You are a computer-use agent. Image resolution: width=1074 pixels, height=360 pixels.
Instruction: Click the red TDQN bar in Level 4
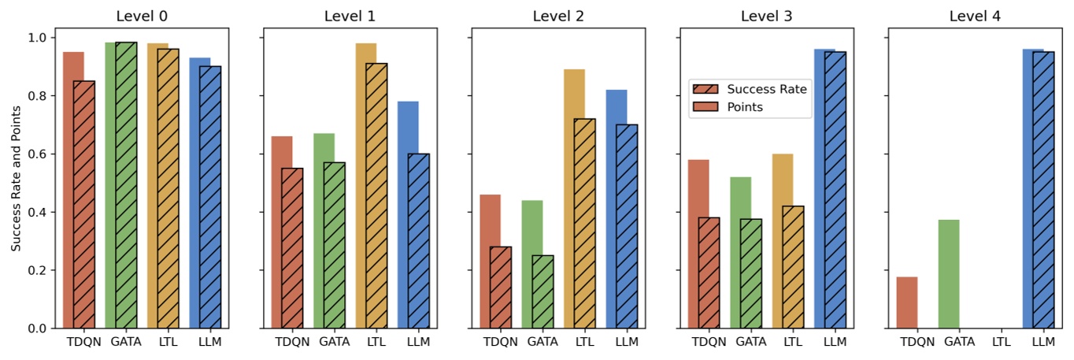(907, 302)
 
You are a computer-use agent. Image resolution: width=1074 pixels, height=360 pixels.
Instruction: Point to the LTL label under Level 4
(1002, 342)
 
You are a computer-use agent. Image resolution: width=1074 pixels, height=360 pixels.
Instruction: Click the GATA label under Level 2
(543, 342)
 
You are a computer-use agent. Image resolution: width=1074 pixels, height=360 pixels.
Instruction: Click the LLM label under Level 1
(418, 342)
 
